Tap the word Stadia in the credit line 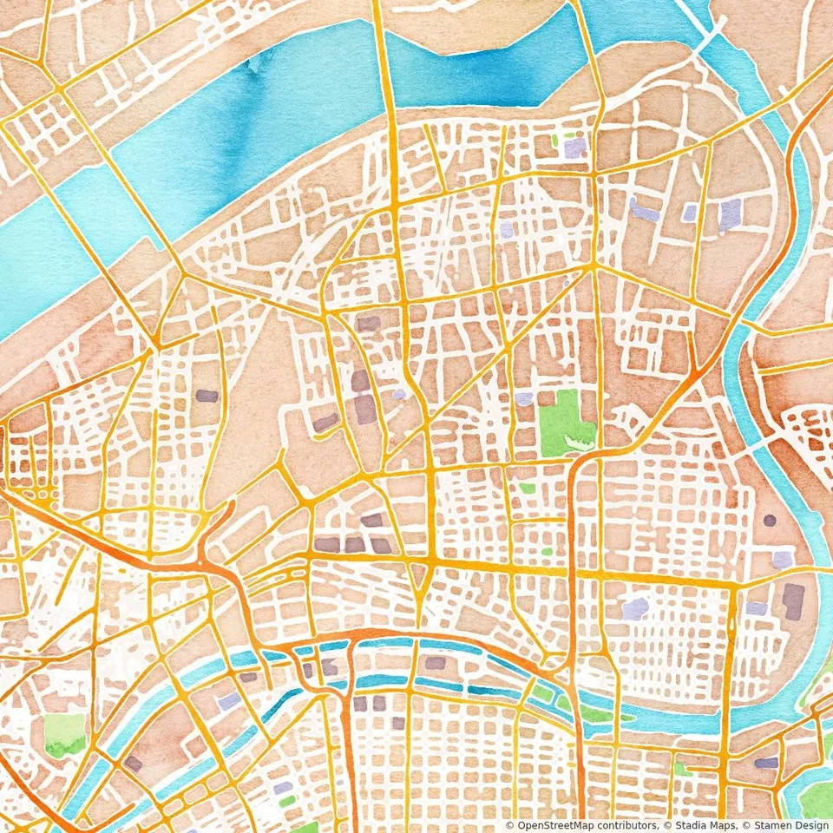tap(686, 825)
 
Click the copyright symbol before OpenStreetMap tap(509, 825)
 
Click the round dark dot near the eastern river tap(770, 521)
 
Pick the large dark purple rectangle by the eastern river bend tap(793, 601)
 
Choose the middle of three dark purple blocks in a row tap(354, 544)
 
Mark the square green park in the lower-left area tap(64, 734)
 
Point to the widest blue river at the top tap(260, 113)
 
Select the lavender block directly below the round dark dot tap(783, 560)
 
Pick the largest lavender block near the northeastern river tap(731, 212)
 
